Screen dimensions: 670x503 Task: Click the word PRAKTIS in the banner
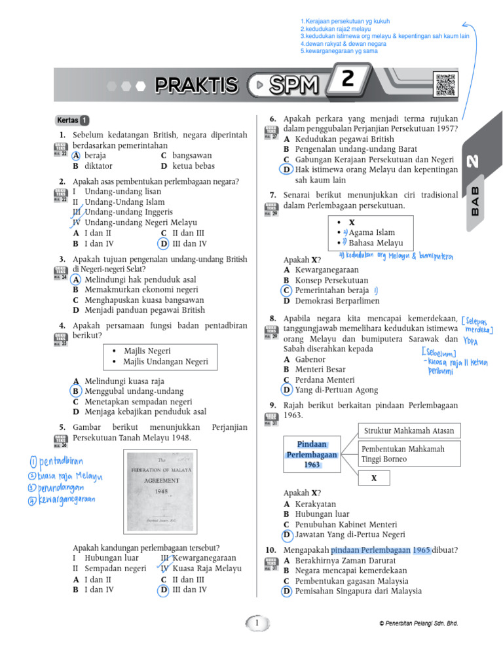click(196, 84)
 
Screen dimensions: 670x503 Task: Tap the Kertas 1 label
click(73, 120)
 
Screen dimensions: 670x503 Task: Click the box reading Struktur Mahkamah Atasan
click(409, 430)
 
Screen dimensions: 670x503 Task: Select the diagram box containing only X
click(374, 478)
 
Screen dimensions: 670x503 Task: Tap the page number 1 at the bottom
click(258, 624)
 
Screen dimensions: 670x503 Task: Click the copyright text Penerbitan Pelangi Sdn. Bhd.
click(419, 624)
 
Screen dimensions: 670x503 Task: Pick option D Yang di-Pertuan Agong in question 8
click(331, 390)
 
